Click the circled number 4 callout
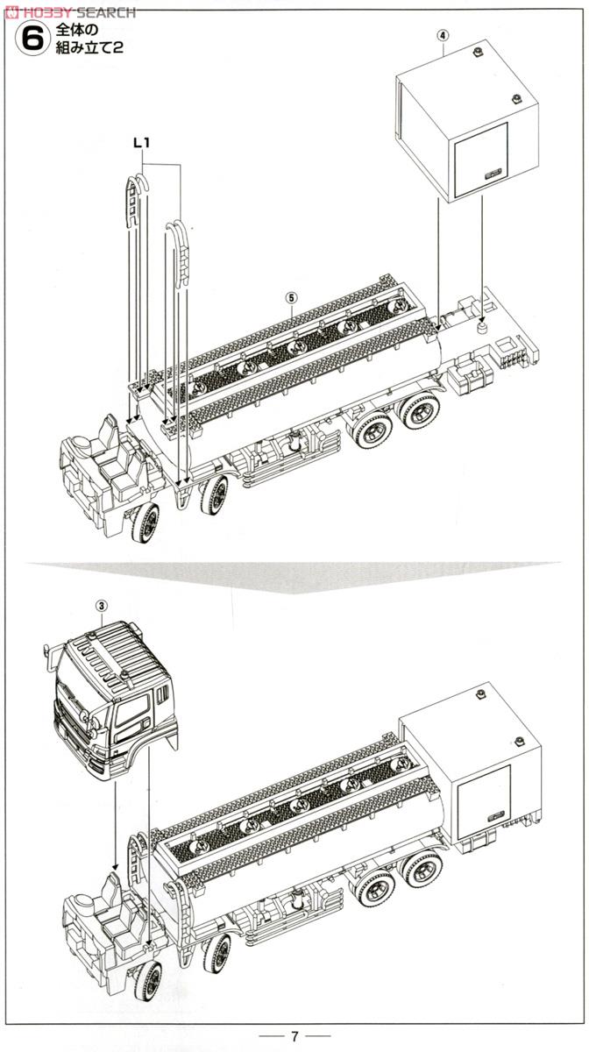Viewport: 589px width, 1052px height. click(x=444, y=36)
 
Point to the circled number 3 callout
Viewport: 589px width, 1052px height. click(x=102, y=605)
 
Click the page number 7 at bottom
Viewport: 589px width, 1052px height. click(x=294, y=1036)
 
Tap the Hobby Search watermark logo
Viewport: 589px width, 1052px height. click(x=70, y=11)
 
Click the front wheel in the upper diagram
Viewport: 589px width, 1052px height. click(x=145, y=523)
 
